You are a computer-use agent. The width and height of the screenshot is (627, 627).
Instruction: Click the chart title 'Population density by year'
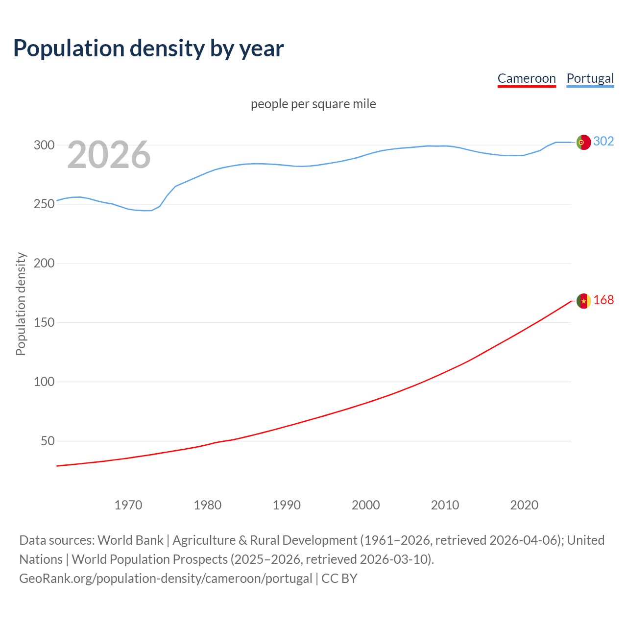pos(148,48)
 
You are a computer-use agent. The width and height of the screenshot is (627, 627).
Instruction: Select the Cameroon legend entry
pos(527,78)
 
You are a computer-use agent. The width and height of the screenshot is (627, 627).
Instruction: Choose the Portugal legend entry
pos(590,78)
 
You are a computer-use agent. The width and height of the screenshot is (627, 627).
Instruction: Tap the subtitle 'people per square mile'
pos(313,104)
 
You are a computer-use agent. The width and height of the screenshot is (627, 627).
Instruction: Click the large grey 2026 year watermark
pos(109,155)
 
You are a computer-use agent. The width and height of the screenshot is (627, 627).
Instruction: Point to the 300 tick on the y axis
pos(44,145)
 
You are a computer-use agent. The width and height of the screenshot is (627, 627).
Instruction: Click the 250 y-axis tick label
pos(44,204)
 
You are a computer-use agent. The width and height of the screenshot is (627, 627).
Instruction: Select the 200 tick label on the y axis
pos(44,264)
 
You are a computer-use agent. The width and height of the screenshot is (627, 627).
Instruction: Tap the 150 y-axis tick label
pos(44,323)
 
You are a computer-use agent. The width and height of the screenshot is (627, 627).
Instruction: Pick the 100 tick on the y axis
pos(44,382)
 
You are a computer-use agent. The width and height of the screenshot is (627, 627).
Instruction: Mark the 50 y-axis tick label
pos(47,441)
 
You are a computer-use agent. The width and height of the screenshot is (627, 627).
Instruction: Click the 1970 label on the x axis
pos(128,505)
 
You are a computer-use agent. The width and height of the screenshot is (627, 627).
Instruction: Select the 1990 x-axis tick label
pos(287,505)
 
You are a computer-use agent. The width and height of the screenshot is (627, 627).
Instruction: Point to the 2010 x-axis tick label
pos(445,505)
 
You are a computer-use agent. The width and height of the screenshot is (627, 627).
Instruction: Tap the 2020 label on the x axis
pos(524,505)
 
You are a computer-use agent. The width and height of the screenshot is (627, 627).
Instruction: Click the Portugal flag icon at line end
pos(583,142)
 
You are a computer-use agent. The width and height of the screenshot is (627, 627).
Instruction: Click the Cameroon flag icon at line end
pos(583,301)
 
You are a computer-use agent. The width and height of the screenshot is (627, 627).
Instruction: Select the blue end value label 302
pos(603,142)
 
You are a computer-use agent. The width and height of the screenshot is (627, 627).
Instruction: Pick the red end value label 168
pos(603,300)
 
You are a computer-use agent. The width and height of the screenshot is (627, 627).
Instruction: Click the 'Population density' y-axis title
pos(21,304)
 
